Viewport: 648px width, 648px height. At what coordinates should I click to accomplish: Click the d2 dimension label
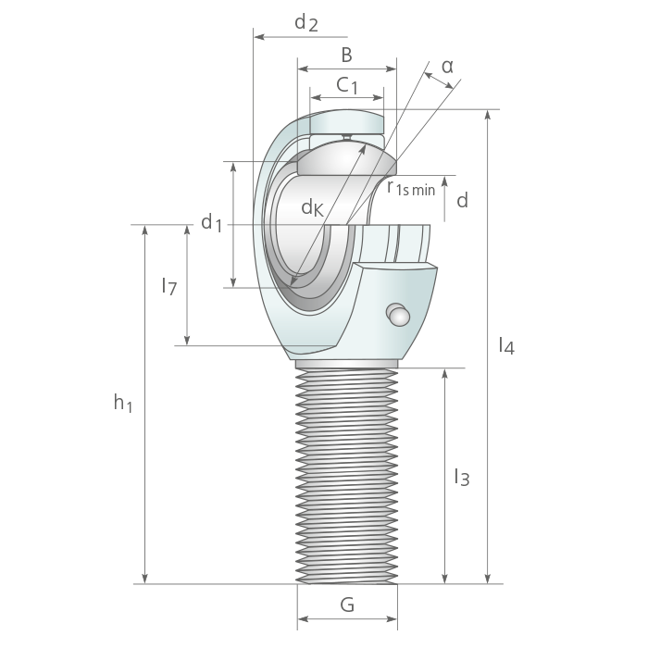pyautogui.click(x=306, y=23)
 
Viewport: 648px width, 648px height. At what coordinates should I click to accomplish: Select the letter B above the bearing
pyautogui.click(x=347, y=55)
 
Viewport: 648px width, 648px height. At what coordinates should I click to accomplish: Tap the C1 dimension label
pyautogui.click(x=347, y=85)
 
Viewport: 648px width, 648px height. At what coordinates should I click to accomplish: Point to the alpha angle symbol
pyautogui.click(x=447, y=66)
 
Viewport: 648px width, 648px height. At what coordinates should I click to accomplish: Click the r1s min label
pyautogui.click(x=411, y=188)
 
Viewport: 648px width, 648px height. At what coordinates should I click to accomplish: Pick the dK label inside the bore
pyautogui.click(x=313, y=207)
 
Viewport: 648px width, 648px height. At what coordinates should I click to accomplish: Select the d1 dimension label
pyautogui.click(x=212, y=223)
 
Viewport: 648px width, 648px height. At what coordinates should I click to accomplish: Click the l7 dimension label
pyautogui.click(x=169, y=286)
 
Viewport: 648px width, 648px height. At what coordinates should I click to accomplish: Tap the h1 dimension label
pyautogui.click(x=123, y=403)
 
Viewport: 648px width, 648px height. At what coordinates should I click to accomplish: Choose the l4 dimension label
pyautogui.click(x=506, y=345)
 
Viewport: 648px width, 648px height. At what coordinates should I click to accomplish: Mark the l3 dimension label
pyautogui.click(x=462, y=477)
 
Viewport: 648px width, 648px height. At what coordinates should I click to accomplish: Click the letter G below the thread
pyautogui.click(x=347, y=605)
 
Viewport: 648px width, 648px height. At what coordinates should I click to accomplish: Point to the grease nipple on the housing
pyautogui.click(x=398, y=315)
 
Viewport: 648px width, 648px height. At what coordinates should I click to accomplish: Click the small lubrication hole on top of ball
pyautogui.click(x=347, y=137)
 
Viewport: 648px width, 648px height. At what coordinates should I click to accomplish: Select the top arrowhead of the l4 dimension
pyautogui.click(x=488, y=115)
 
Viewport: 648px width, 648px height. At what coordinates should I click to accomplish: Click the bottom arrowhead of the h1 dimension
pyautogui.click(x=144, y=579)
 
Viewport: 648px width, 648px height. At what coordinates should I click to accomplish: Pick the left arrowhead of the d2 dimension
pyautogui.click(x=258, y=37)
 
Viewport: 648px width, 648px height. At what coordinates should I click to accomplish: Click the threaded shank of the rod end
pyautogui.click(x=347, y=475)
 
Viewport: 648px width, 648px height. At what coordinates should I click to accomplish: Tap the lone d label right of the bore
pyautogui.click(x=463, y=201)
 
